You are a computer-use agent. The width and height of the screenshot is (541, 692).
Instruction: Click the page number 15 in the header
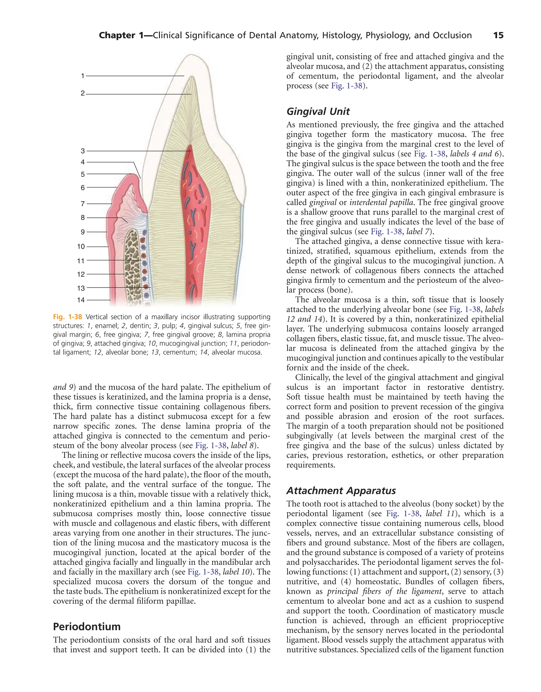point(498,35)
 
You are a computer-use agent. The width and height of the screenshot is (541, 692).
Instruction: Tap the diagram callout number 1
point(83,76)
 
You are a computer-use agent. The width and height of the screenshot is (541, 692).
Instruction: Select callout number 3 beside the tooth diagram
point(83,151)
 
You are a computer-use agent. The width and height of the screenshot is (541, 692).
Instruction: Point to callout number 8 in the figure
point(83,218)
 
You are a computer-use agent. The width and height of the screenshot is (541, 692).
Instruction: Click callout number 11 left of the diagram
point(81,261)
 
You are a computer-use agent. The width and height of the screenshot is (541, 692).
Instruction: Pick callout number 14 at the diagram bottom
point(81,300)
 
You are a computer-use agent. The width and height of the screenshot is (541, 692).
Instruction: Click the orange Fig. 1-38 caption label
point(68,317)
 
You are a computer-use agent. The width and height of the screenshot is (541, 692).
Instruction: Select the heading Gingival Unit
point(318,111)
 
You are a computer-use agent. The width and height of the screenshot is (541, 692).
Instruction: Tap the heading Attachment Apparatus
point(341,491)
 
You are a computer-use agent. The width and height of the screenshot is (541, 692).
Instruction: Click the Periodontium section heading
point(87,627)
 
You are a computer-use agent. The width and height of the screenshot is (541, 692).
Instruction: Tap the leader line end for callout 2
point(191,94)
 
